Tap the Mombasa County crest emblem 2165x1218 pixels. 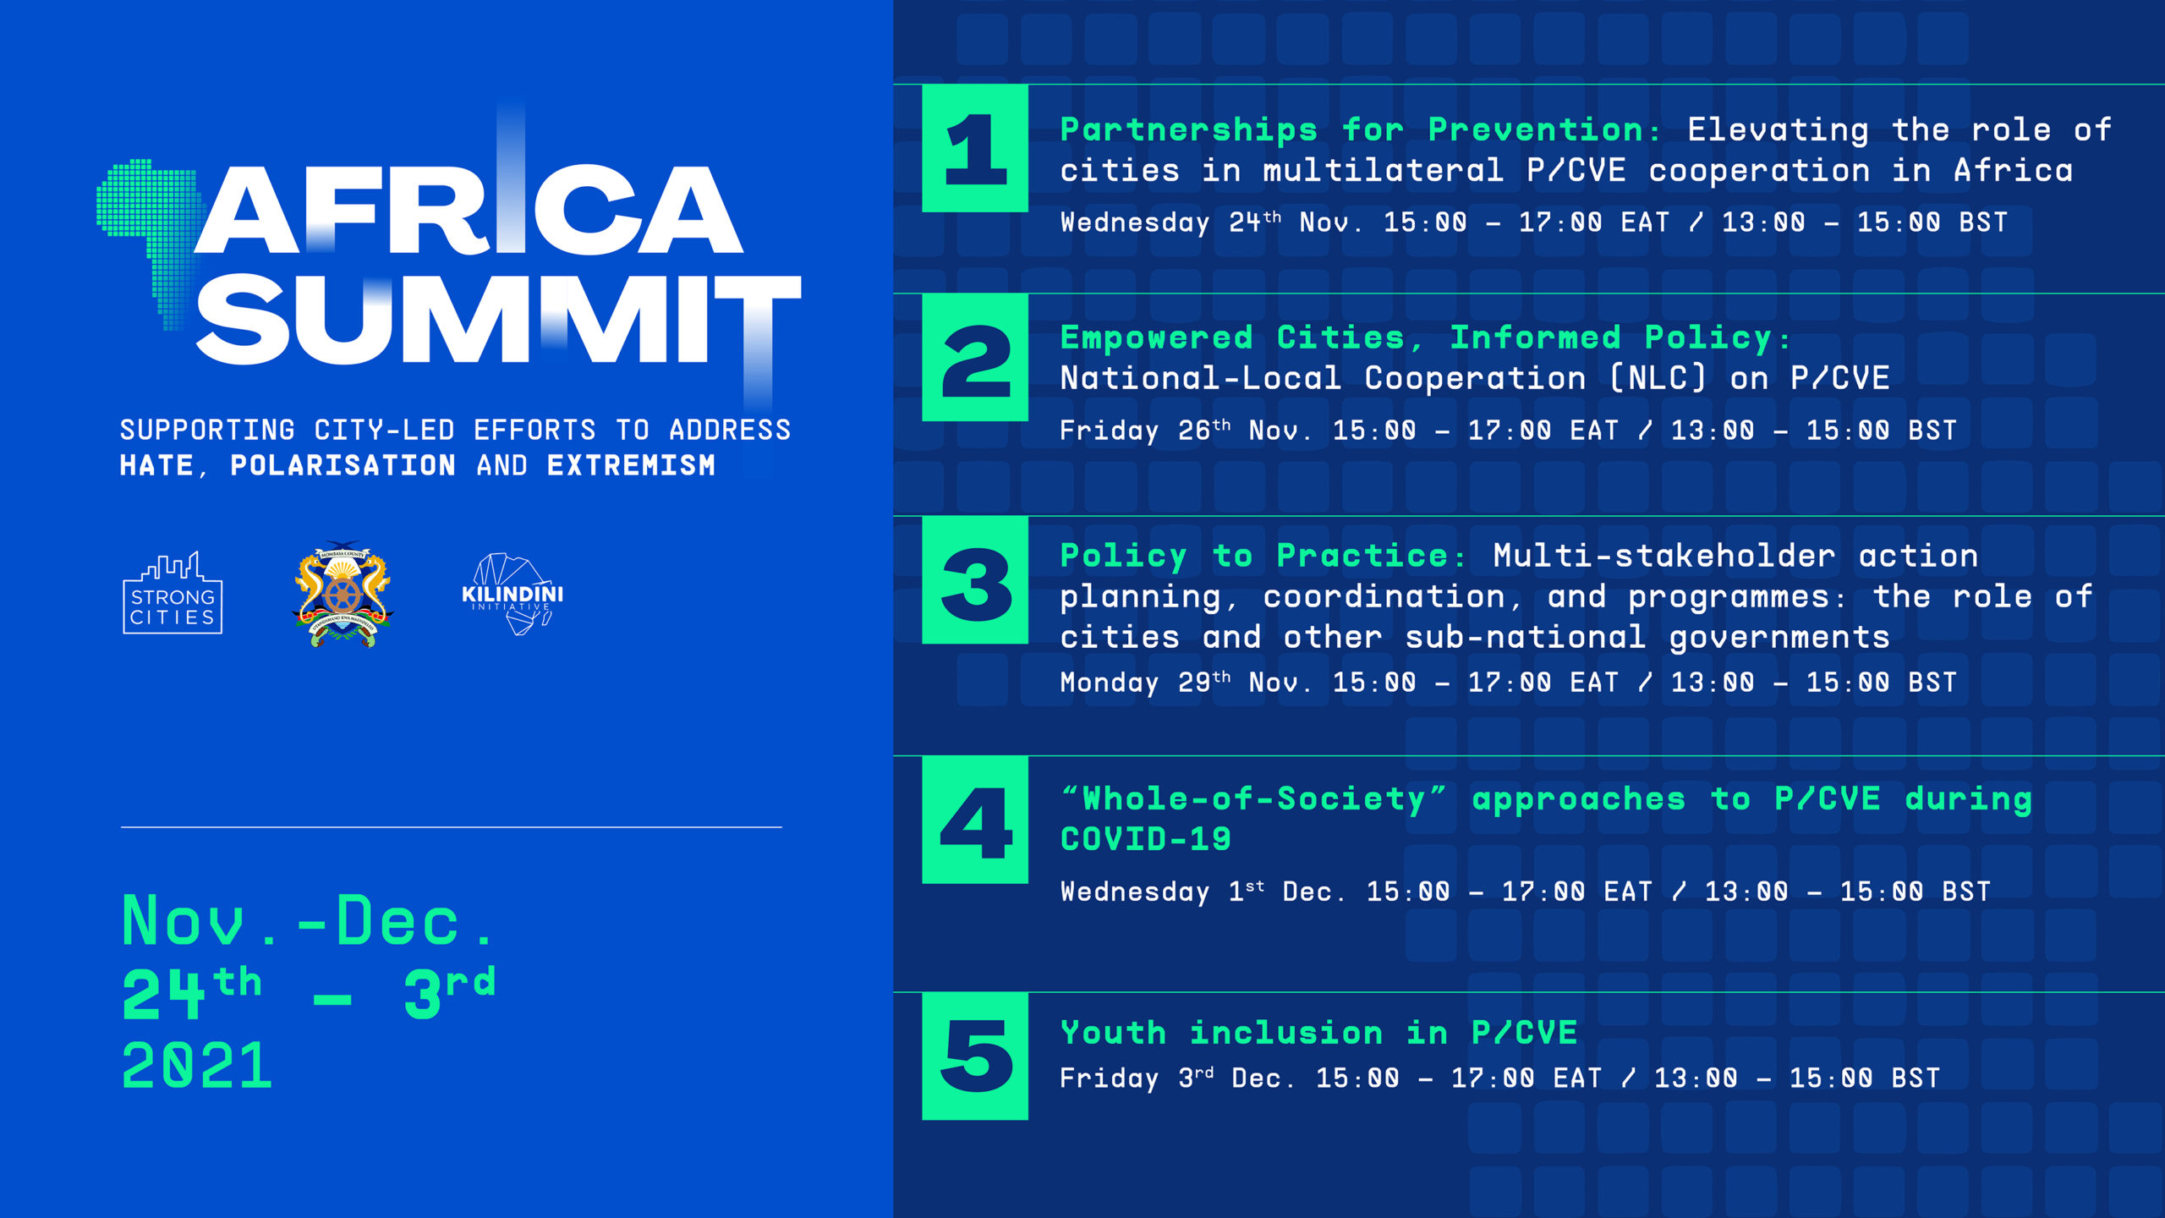(x=343, y=594)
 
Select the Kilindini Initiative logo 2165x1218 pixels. (x=512, y=594)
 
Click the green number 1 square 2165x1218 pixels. (x=975, y=148)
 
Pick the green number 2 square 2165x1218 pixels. (x=975, y=357)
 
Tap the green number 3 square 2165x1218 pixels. (x=975, y=580)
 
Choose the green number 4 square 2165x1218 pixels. (x=975, y=820)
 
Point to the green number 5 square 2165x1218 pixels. (x=975, y=1056)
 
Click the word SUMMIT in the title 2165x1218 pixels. (x=498, y=319)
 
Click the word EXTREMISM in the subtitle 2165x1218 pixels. (x=631, y=465)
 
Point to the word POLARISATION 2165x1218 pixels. (x=343, y=465)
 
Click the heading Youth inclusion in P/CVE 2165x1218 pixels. (x=1318, y=1033)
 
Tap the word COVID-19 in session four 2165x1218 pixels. (x=1146, y=839)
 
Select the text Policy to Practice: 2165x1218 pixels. (x=1263, y=556)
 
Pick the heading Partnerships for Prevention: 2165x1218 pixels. (x=1360, y=130)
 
